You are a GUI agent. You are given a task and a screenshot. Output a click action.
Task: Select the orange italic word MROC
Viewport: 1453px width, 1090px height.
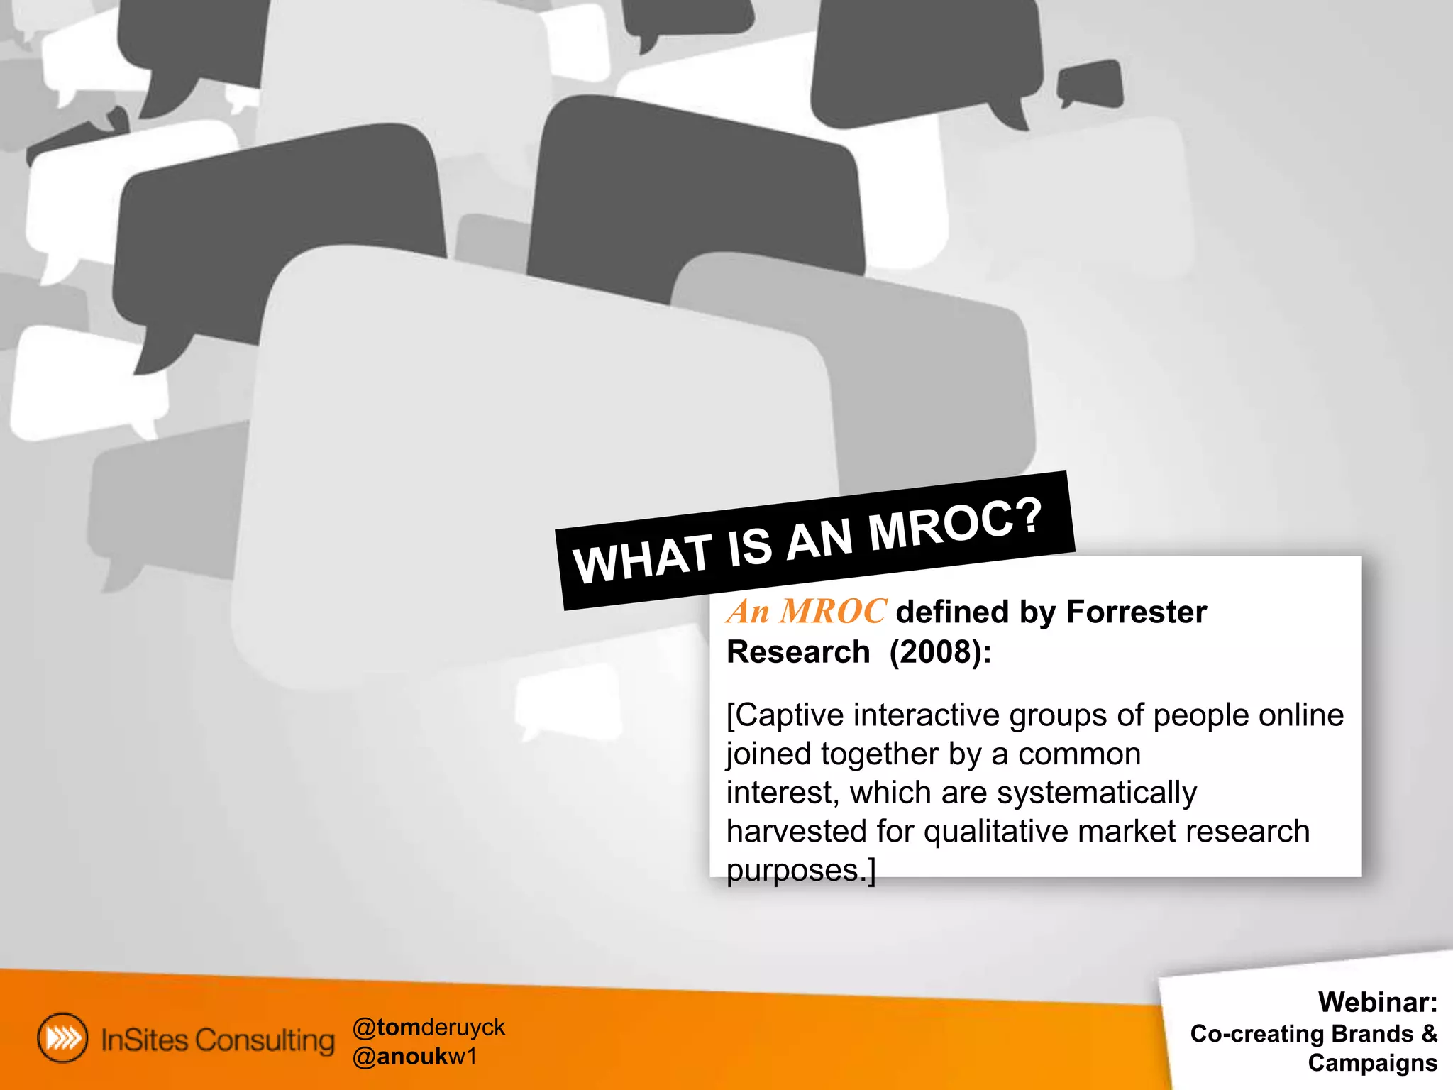click(833, 611)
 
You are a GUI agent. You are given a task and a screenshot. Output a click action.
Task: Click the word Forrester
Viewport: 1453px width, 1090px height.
click(1136, 612)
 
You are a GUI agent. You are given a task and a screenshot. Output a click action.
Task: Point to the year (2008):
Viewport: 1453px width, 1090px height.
click(940, 651)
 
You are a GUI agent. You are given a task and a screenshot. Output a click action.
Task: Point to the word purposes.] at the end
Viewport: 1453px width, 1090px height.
click(801, 870)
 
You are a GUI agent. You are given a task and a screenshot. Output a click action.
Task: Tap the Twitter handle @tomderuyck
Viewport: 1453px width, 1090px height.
click(429, 1027)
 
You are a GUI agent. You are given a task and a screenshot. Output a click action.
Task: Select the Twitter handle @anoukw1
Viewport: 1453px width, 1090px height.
click(415, 1057)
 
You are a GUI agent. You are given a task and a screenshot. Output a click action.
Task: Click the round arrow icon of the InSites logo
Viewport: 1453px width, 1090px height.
click(63, 1038)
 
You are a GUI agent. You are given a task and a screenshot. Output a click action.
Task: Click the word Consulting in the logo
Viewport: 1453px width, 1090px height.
click(265, 1040)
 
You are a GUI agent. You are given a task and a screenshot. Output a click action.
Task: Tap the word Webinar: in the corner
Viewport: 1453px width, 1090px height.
click(1377, 1002)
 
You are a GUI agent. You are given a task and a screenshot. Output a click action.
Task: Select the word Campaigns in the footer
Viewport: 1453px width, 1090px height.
click(1372, 1063)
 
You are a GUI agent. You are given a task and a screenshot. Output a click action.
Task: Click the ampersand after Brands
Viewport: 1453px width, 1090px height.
click(1429, 1033)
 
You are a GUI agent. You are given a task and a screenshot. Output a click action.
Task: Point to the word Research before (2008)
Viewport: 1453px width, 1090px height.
click(798, 651)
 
